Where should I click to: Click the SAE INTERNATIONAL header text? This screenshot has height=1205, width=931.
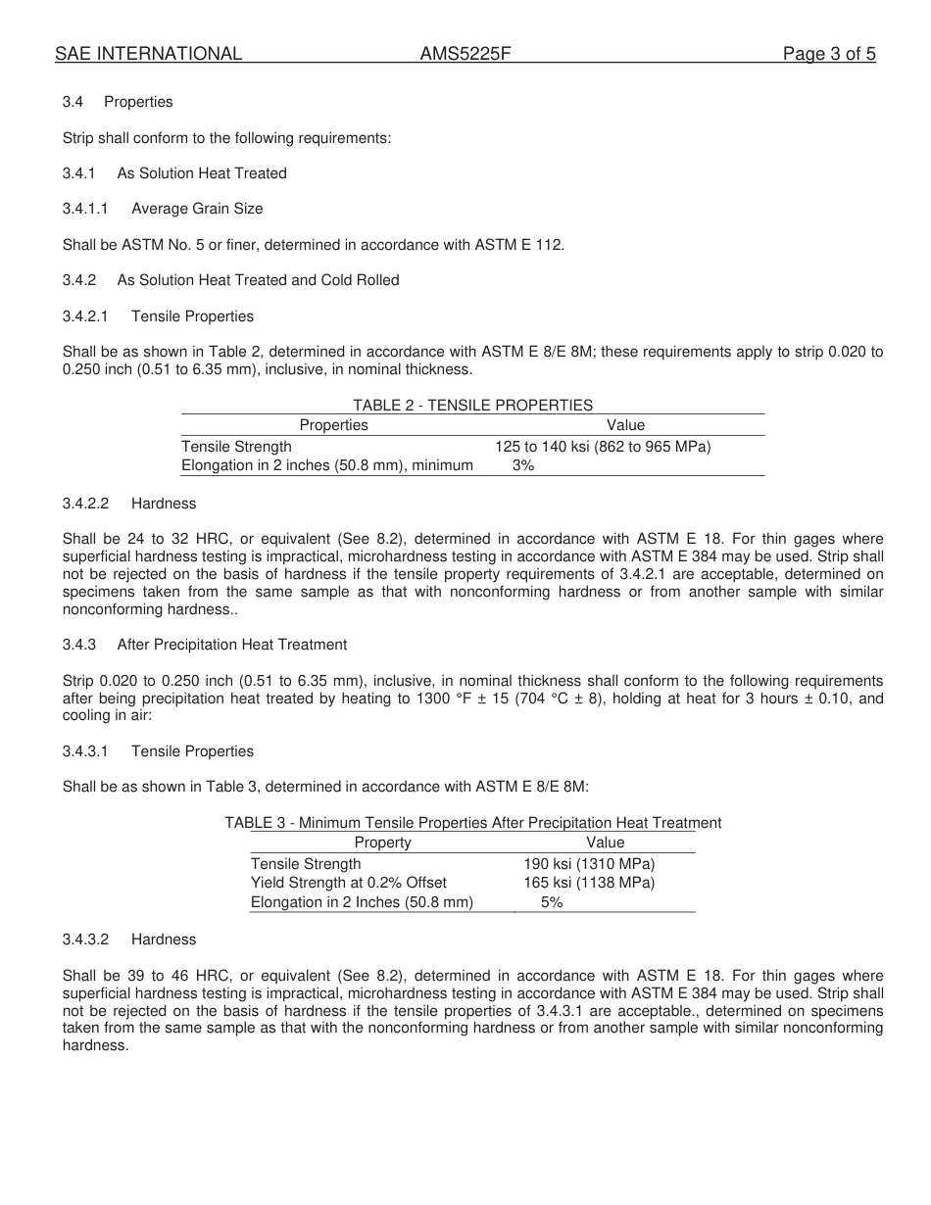(148, 54)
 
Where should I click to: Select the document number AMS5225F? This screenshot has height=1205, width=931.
(465, 54)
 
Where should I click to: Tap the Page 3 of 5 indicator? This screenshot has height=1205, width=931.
(829, 54)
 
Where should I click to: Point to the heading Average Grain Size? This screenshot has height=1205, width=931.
(197, 209)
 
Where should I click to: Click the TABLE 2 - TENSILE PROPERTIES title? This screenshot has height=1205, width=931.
(472, 405)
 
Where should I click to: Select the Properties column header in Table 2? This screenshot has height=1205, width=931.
(333, 425)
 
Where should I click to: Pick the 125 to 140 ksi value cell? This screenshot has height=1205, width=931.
(603, 447)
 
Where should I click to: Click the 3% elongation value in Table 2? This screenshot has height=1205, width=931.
(523, 465)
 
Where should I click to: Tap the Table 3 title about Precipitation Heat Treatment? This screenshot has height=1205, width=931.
(472, 823)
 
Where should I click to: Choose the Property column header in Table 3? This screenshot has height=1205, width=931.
(382, 843)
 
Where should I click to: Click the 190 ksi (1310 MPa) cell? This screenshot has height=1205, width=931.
(589, 864)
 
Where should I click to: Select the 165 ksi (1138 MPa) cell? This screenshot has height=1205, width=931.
(589, 883)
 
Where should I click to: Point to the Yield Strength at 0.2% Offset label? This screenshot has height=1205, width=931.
(348, 883)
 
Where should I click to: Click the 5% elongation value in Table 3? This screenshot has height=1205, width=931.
(552, 902)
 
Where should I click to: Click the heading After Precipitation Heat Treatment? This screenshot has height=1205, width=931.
(231, 645)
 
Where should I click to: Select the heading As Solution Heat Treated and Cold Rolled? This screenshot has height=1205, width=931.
(258, 280)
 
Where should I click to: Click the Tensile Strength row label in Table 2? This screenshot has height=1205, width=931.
(236, 447)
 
